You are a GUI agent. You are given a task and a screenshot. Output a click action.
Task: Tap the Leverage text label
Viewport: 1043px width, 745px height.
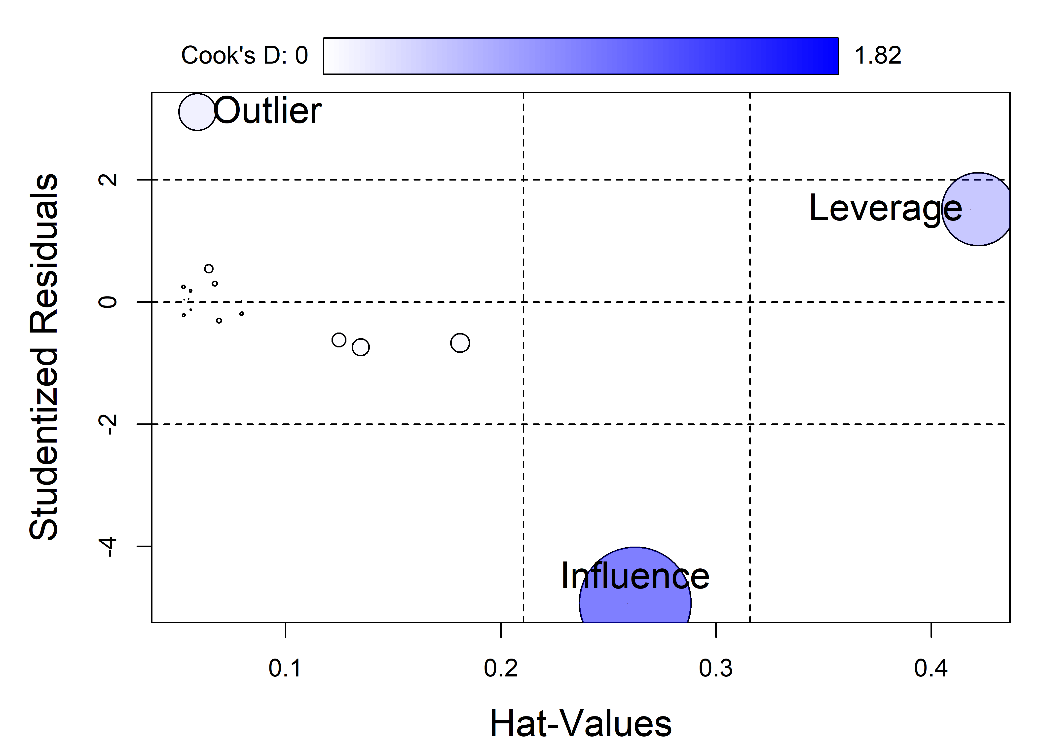coord(885,208)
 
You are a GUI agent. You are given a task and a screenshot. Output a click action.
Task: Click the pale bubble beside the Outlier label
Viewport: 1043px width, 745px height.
coord(197,112)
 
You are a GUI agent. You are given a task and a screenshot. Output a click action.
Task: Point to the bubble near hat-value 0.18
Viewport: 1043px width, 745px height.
coord(460,343)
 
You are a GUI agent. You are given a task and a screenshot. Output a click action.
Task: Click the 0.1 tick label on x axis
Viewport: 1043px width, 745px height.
coord(285,669)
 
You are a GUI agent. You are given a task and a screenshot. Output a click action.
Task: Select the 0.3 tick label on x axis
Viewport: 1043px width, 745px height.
coord(715,669)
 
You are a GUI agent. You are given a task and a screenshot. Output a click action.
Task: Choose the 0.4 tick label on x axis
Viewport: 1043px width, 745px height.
coord(931,669)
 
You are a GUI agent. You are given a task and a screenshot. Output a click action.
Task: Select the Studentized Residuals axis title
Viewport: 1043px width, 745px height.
coord(44,357)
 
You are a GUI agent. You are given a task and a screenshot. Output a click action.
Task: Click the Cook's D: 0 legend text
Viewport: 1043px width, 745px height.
coord(244,56)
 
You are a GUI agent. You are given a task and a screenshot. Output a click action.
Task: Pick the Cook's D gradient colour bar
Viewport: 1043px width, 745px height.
coord(581,56)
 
